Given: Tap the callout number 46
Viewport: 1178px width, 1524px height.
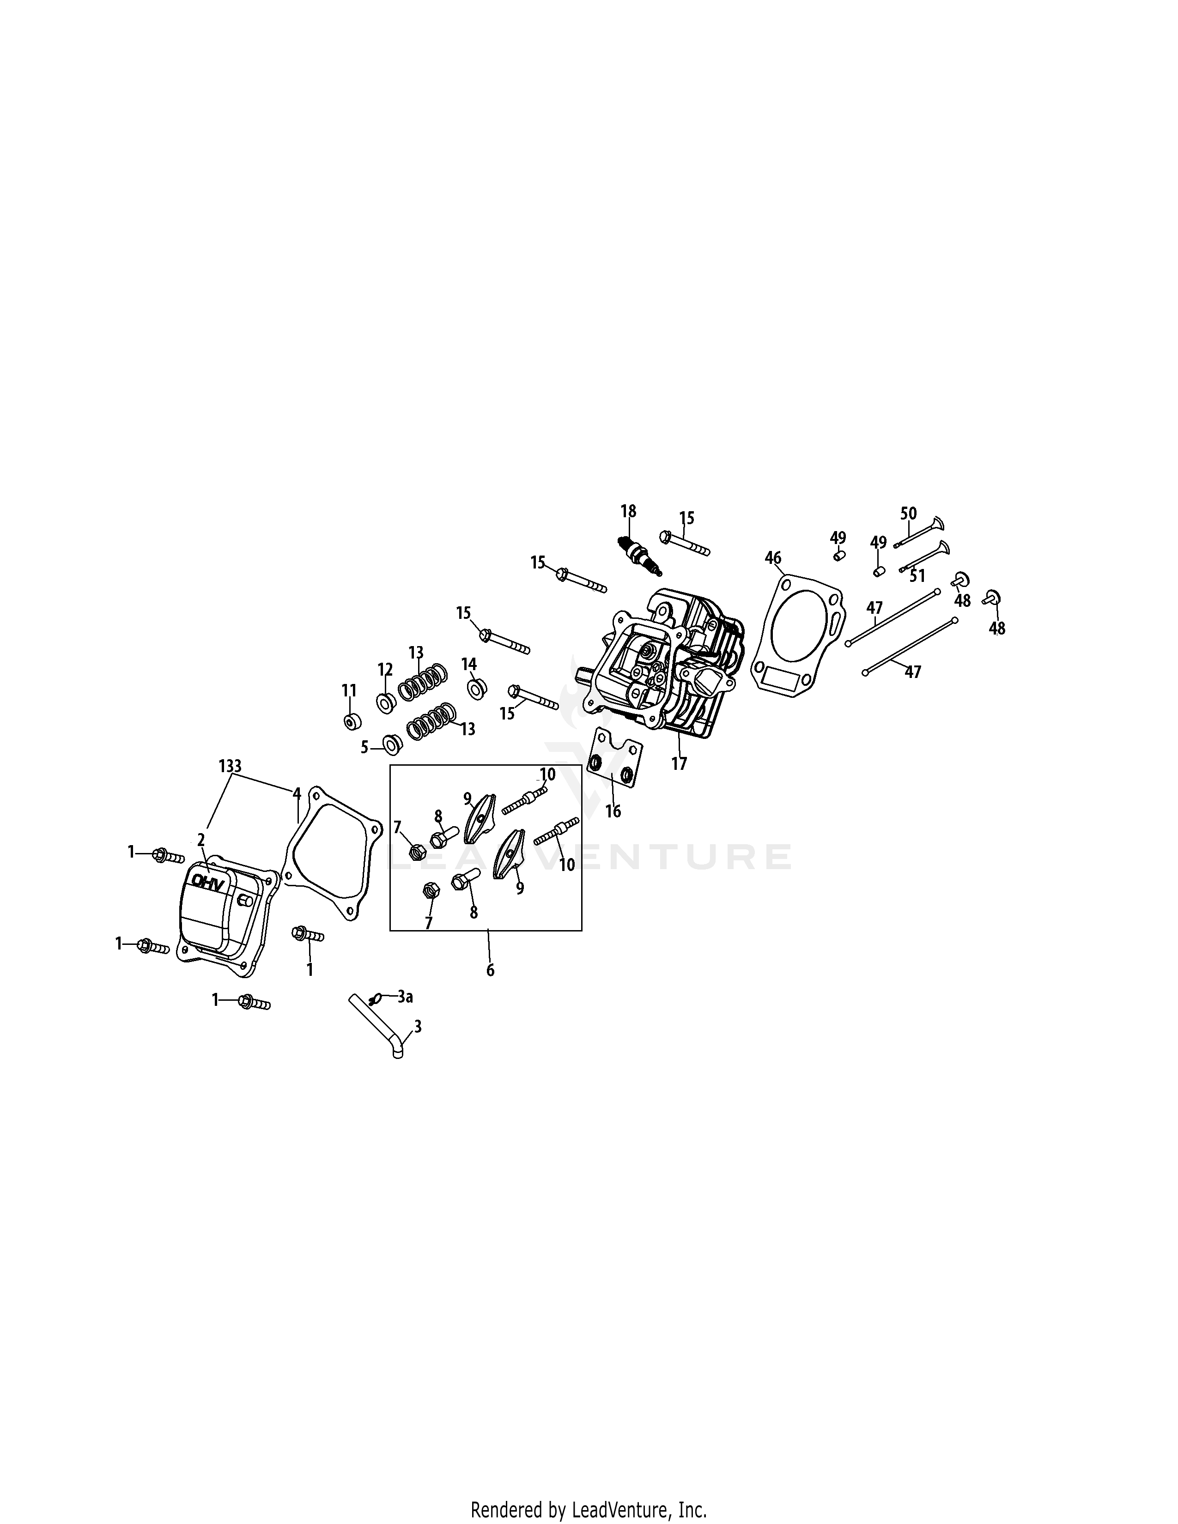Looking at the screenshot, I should [x=772, y=557].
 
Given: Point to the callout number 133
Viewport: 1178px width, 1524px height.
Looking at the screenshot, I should [x=230, y=766].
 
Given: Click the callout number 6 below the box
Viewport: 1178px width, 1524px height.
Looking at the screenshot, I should [x=490, y=970].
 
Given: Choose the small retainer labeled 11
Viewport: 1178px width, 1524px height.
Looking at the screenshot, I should [x=353, y=721].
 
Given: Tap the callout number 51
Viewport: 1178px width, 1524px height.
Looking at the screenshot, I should [x=917, y=576].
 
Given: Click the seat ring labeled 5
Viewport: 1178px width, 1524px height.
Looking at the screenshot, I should [x=391, y=744].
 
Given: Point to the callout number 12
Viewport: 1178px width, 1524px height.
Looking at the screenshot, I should [x=385, y=670].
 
